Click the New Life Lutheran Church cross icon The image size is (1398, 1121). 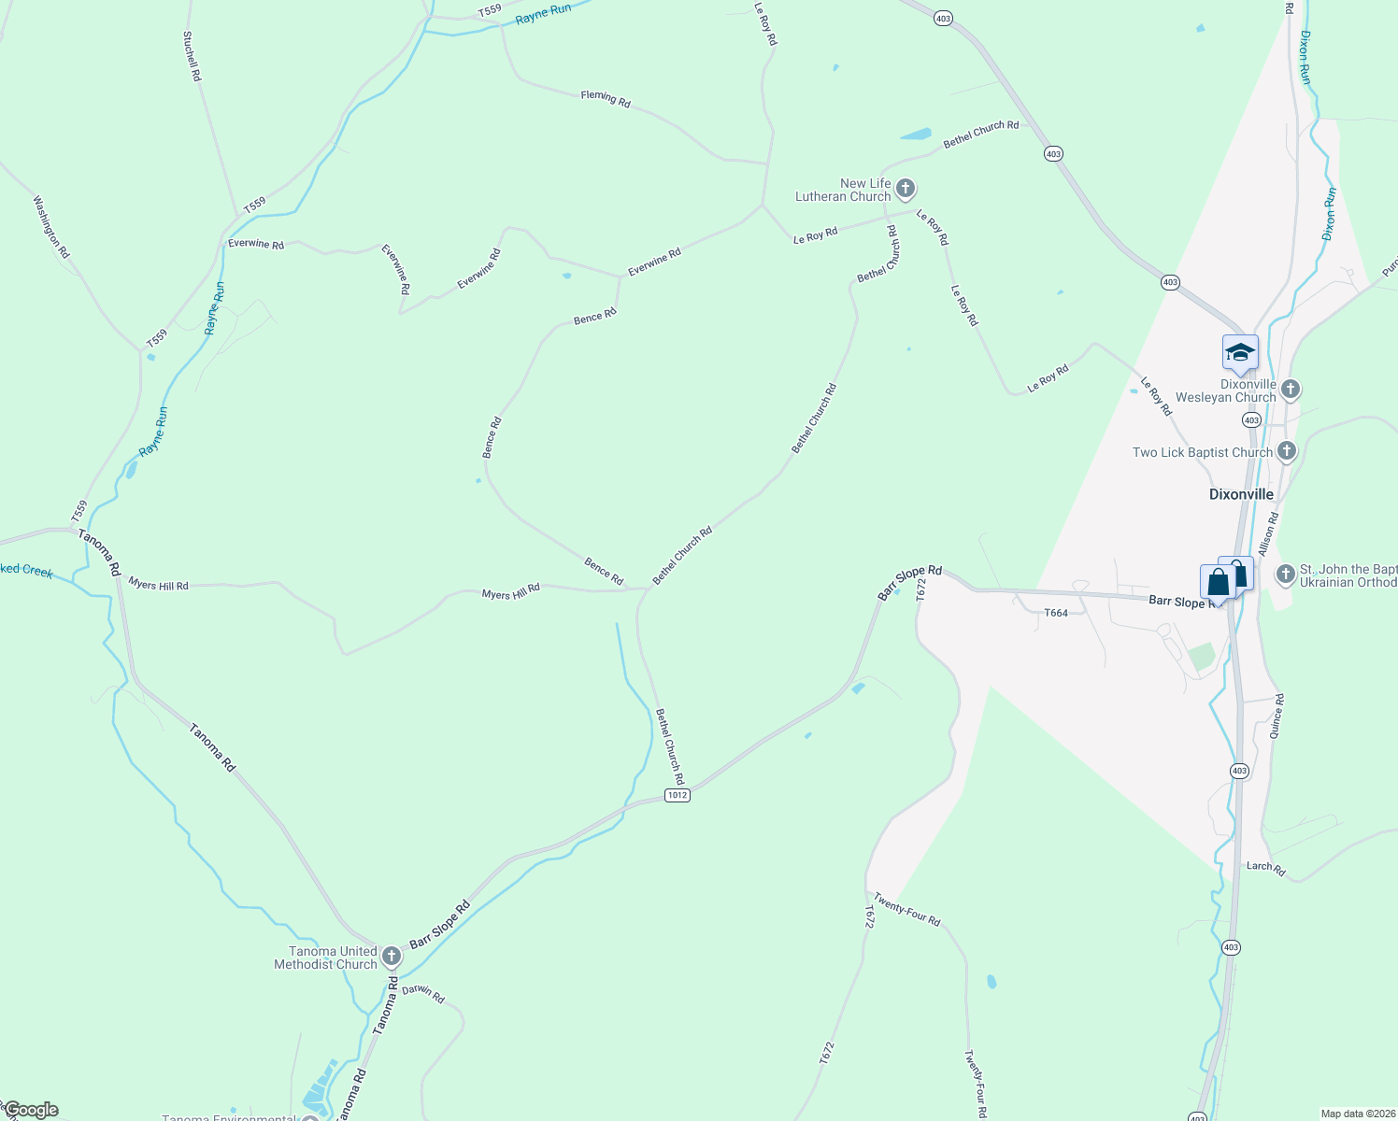905,190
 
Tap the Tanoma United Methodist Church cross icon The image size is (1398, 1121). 392,957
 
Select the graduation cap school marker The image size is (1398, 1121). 1240,353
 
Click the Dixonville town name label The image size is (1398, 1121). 1241,494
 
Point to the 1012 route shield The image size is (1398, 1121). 678,795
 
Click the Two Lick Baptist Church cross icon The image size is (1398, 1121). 1287,452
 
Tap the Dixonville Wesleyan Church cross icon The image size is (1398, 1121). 1291,390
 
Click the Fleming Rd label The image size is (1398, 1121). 606,98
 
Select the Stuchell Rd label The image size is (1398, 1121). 192,56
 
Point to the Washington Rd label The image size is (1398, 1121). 51,227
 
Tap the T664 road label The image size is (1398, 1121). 1055,613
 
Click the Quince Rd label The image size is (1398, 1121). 1277,717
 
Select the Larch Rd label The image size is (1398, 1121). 1266,868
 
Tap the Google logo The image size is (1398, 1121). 31,1110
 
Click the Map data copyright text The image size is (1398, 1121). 1356,1114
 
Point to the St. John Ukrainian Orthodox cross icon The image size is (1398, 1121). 1285,574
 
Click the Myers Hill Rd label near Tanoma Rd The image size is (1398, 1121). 158,585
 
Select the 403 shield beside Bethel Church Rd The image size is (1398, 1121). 1054,153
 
